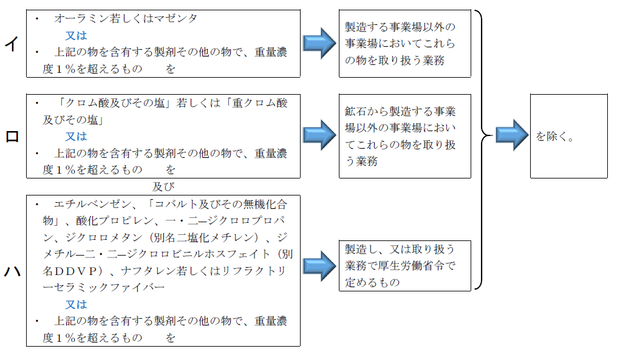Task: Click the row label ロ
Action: pyautogui.click(x=12, y=137)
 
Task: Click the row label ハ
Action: pyautogui.click(x=12, y=271)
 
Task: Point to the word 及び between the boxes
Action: pyautogui.click(x=163, y=186)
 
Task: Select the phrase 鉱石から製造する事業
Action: pyautogui.click(x=400, y=111)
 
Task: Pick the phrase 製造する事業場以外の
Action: pyautogui.click(x=400, y=27)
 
